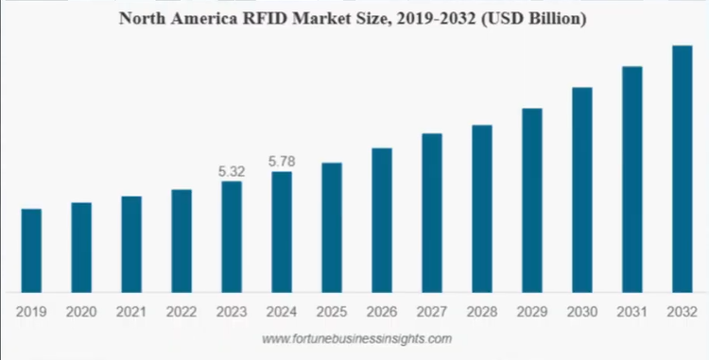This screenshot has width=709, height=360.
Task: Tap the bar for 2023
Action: pyautogui.click(x=232, y=236)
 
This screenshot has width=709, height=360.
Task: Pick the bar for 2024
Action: pyautogui.click(x=282, y=231)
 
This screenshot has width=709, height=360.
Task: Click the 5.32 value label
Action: pyautogui.click(x=232, y=172)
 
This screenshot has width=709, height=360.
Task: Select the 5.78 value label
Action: pyautogui.click(x=282, y=163)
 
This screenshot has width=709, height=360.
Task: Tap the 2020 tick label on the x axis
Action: pyautogui.click(x=81, y=311)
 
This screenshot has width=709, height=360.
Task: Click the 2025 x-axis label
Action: pyautogui.click(x=332, y=311)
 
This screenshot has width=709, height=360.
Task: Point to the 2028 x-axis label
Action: pyautogui.click(x=482, y=311)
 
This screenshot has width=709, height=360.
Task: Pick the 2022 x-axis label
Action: pyautogui.click(x=182, y=311)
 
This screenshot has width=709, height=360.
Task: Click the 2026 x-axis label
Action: pyautogui.click(x=382, y=311)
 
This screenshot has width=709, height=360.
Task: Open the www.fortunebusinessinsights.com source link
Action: pyautogui.click(x=356, y=337)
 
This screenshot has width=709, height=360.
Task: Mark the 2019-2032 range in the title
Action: pyautogui.click(x=433, y=19)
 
